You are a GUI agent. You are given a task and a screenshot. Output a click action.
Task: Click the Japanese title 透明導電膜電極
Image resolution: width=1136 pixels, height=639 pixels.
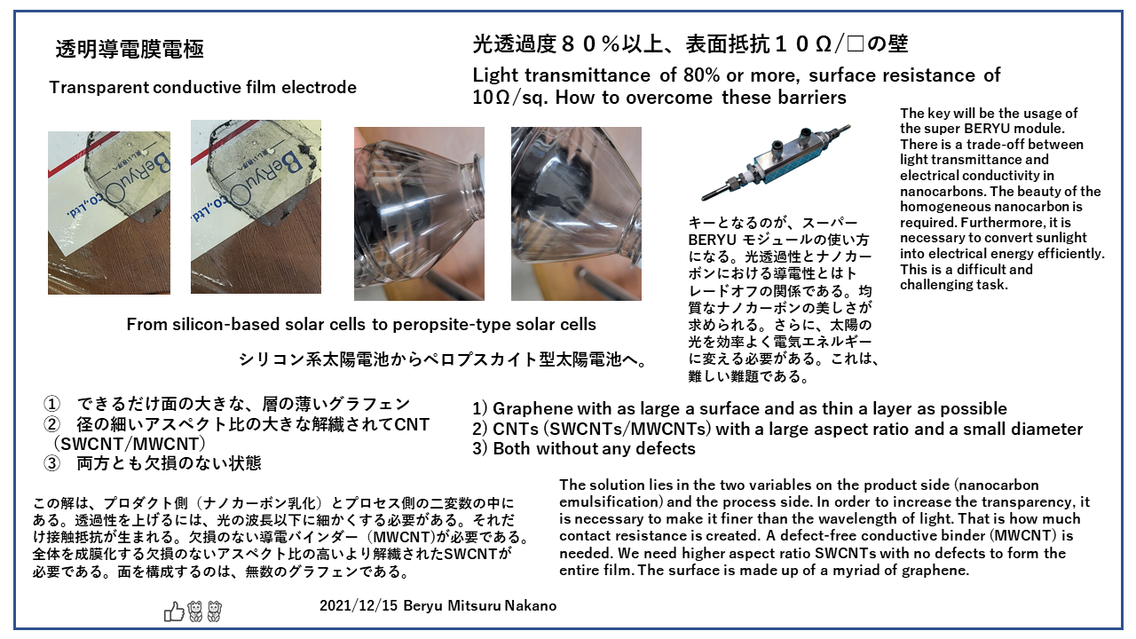130,50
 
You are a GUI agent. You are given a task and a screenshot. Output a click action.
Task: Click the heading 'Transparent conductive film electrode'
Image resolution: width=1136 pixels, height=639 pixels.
202,87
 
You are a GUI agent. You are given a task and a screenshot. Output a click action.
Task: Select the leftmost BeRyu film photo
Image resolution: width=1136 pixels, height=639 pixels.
109,213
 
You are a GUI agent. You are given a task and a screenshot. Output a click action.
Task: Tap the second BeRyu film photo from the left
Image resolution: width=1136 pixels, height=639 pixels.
256,213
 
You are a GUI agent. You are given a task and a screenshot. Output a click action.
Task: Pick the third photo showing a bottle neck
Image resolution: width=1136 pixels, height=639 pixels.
419,213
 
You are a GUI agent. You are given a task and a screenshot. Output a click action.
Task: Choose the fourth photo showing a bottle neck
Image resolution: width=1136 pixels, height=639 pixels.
576,213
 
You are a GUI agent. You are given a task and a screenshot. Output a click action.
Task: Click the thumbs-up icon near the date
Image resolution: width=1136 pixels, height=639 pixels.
174,611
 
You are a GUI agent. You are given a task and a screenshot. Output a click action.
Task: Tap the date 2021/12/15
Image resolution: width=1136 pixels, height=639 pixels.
359,605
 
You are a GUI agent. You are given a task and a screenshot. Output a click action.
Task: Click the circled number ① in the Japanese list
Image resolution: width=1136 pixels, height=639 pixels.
51,404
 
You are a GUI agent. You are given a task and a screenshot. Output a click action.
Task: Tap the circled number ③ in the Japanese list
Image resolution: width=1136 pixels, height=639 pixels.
51,462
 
